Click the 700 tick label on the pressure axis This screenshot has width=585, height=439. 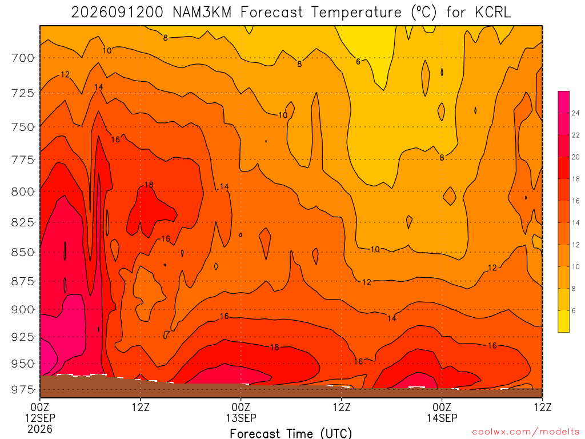(x=22, y=58)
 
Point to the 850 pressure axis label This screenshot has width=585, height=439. (x=22, y=253)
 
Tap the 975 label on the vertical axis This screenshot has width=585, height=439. (x=22, y=390)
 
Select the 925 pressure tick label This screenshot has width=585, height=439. (x=22, y=337)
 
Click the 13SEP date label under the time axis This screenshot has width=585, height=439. (x=241, y=418)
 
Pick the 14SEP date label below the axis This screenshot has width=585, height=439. (x=442, y=418)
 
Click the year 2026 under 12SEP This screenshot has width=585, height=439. (x=40, y=429)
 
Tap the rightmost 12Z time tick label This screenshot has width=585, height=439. (x=542, y=407)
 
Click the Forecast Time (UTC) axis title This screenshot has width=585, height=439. (x=291, y=433)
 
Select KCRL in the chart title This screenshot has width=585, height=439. (x=492, y=13)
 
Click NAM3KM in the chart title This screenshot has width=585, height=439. (x=202, y=13)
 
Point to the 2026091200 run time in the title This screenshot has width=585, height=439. (x=117, y=13)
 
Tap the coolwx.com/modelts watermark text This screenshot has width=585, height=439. (x=526, y=432)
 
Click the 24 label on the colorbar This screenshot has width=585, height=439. (x=576, y=113)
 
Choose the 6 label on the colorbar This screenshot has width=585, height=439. (x=574, y=310)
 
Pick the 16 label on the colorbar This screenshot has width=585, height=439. (x=576, y=201)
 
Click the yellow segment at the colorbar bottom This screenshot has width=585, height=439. (x=564, y=321)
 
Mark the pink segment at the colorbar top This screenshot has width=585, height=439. (x=564, y=102)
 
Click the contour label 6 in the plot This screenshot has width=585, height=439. (x=358, y=62)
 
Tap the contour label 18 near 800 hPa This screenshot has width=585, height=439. (x=149, y=185)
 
